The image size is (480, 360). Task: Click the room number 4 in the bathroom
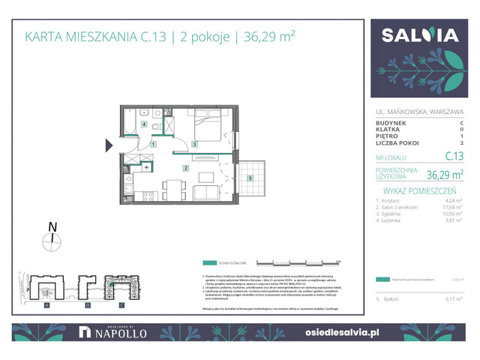click(143, 125)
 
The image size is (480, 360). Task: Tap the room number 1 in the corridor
click(152, 144)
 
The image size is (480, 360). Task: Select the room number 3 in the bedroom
click(194, 144)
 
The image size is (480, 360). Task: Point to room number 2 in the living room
click(184, 168)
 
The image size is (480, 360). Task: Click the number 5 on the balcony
click(249, 178)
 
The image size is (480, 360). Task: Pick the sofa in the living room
click(209, 193)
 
